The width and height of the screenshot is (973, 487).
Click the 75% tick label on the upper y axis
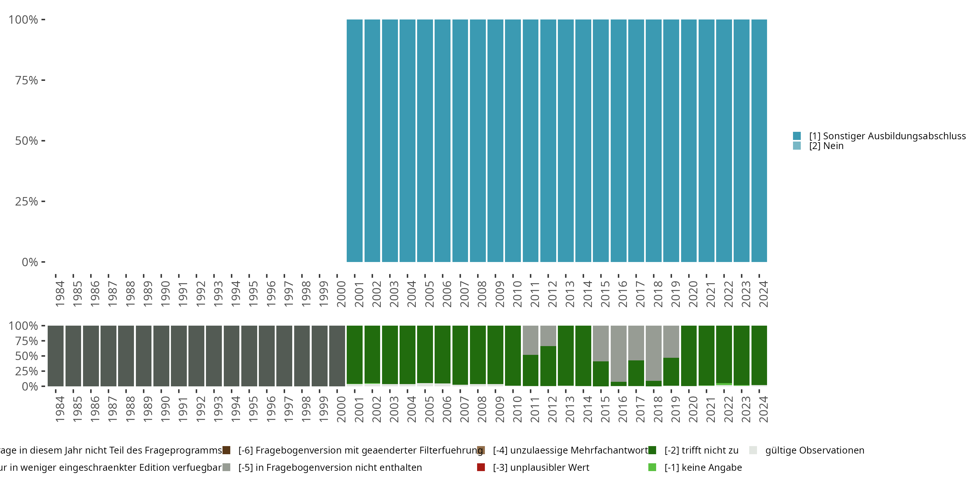(x=27, y=80)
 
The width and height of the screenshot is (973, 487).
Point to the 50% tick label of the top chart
(x=27, y=141)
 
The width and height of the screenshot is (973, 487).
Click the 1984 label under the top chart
(x=60, y=294)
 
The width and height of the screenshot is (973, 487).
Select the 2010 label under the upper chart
(x=517, y=294)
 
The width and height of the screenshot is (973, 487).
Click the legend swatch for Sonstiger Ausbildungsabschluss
(x=797, y=136)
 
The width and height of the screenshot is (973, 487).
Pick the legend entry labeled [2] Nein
(x=826, y=146)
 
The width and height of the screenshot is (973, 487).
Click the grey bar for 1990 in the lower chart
(x=161, y=356)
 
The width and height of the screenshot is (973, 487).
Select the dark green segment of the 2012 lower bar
(x=548, y=366)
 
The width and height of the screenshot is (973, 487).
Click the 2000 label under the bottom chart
(x=341, y=409)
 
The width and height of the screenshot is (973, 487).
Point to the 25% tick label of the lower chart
(x=27, y=371)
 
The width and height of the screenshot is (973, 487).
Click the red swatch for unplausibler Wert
(x=481, y=467)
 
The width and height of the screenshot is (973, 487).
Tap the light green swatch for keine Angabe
(x=652, y=467)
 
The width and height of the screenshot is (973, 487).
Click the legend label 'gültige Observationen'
(x=814, y=450)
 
